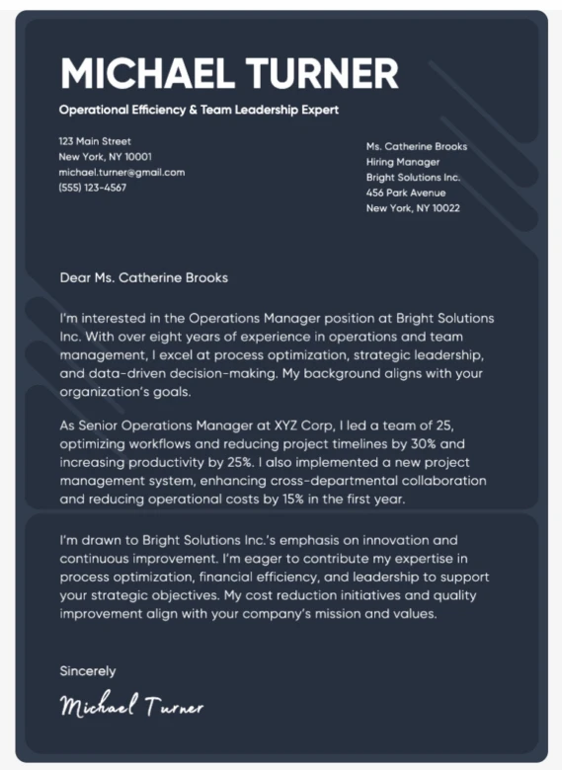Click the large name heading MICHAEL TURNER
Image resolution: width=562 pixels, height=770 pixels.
click(x=229, y=74)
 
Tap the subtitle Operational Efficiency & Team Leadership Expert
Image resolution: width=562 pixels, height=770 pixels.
click(x=199, y=110)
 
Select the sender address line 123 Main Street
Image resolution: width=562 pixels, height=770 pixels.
click(x=95, y=141)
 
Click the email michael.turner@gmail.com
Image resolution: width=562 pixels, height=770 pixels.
click(x=121, y=172)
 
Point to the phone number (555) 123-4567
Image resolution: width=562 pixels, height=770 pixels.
click(x=93, y=187)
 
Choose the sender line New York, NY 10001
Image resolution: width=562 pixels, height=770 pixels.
click(x=106, y=156)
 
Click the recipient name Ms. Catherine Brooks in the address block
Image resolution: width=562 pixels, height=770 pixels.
click(x=416, y=147)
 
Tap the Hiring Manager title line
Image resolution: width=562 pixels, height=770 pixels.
click(x=402, y=162)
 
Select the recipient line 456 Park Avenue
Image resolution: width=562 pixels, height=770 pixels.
click(x=406, y=192)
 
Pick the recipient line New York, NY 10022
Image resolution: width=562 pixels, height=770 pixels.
click(x=413, y=208)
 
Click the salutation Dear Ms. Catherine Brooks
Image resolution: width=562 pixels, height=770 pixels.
click(x=144, y=278)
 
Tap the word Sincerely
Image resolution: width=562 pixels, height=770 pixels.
click(x=88, y=671)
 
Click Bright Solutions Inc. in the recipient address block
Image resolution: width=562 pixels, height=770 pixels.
click(x=413, y=178)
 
